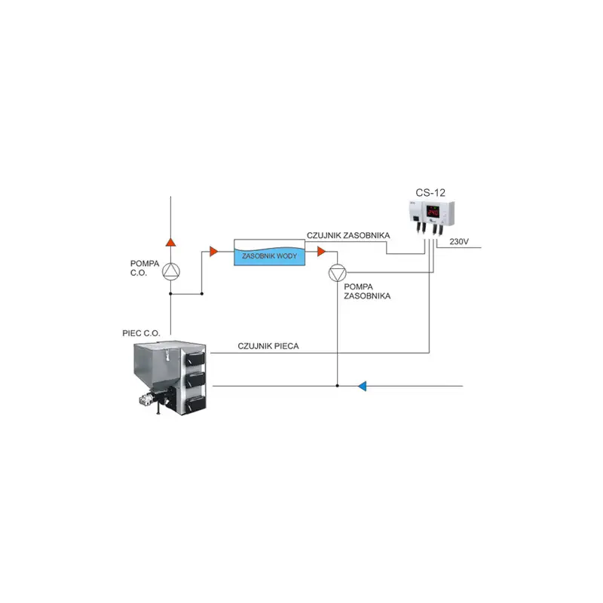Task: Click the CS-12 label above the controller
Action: [x=430, y=192]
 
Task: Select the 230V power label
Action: [x=459, y=241]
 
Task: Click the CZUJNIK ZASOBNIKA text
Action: [x=348, y=235]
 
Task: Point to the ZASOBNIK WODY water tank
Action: [x=270, y=253]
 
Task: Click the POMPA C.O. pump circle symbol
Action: [x=171, y=271]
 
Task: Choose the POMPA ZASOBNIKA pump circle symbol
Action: [x=337, y=273]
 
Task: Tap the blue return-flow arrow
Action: [x=362, y=386]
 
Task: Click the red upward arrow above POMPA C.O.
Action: [x=171, y=242]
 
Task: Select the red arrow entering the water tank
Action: [x=214, y=252]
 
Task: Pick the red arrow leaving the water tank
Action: [x=322, y=252]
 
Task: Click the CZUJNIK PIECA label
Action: [x=268, y=346]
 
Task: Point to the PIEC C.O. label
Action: [x=141, y=333]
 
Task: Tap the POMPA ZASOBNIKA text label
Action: [x=367, y=292]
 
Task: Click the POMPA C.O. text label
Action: [x=145, y=268]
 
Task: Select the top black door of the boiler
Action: [x=195, y=359]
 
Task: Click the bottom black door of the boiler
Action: [x=196, y=403]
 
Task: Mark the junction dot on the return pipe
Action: [x=337, y=386]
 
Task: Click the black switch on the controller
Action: [x=417, y=219]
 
